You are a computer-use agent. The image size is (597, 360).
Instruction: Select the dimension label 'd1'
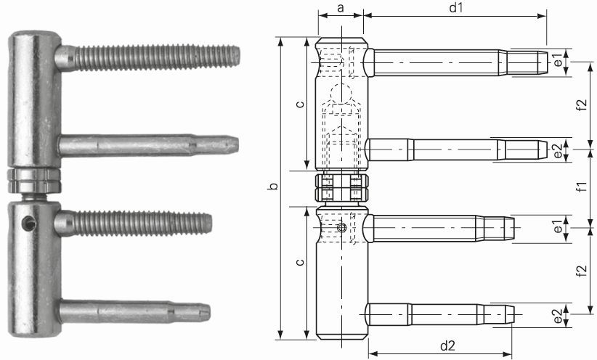[456, 8]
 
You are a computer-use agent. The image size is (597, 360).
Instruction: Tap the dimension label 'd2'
[447, 345]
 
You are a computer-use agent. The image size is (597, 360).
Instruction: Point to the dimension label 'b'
[272, 188]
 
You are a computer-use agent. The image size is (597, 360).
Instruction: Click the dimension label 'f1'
[581, 187]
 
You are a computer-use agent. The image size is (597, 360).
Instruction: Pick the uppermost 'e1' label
[557, 62]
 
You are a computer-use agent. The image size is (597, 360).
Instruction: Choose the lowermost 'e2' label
[557, 317]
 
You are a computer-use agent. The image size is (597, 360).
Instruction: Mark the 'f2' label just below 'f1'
[581, 271]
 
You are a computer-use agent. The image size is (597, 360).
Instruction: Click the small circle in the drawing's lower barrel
[342, 229]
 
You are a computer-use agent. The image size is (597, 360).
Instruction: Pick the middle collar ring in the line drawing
[341, 187]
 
